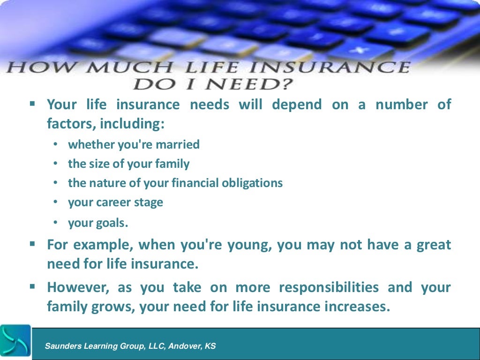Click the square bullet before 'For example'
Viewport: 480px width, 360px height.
[x=32, y=244]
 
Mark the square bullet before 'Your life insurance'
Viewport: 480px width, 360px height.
[x=32, y=104]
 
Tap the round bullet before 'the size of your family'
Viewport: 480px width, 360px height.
[x=55, y=164]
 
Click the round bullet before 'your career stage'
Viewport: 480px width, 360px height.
[x=55, y=202]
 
